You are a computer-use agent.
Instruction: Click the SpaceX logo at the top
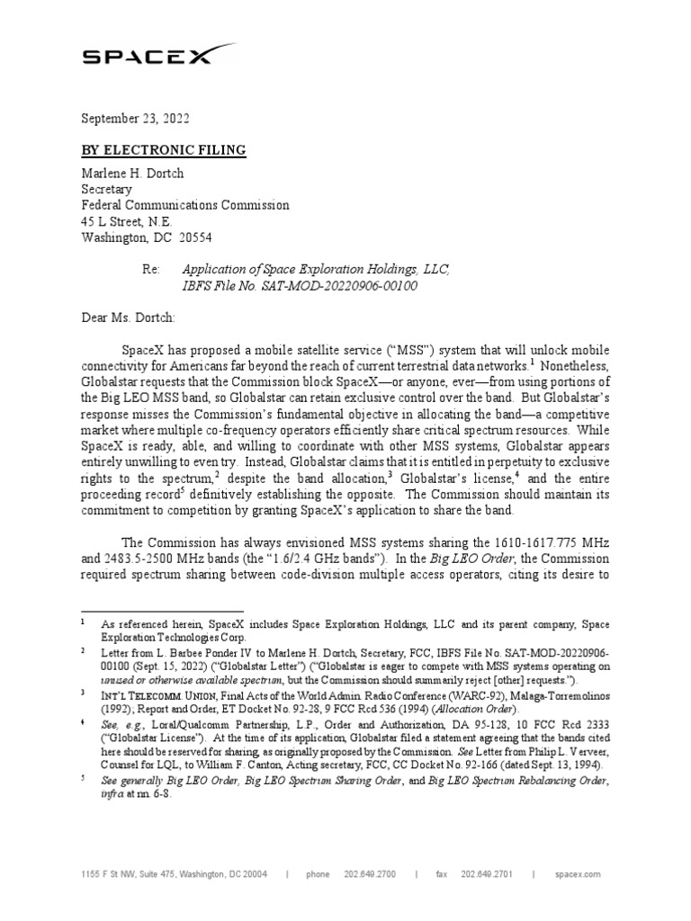tap(148, 57)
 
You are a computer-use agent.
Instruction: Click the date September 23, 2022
tap(136, 118)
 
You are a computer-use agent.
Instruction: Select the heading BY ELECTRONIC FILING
tap(164, 150)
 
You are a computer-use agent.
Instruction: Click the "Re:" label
tap(152, 270)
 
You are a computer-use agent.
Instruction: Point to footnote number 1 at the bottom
tap(82, 621)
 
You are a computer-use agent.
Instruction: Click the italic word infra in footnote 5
tap(112, 795)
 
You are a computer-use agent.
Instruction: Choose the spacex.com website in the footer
tap(578, 873)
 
